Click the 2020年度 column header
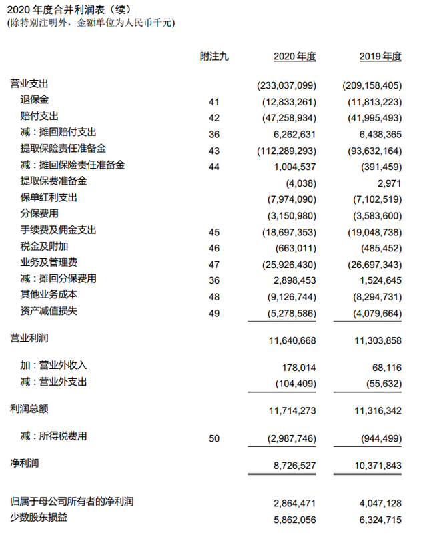(x=294, y=57)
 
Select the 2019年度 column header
(x=380, y=57)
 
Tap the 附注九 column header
(x=213, y=57)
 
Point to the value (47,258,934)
(x=286, y=116)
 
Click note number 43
(x=213, y=149)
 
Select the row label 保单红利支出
(x=49, y=197)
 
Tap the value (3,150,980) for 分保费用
(x=289, y=214)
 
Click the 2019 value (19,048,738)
(x=372, y=230)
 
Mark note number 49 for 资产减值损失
(x=213, y=312)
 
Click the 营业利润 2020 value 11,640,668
(x=292, y=340)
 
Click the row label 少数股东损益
(x=39, y=517)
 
